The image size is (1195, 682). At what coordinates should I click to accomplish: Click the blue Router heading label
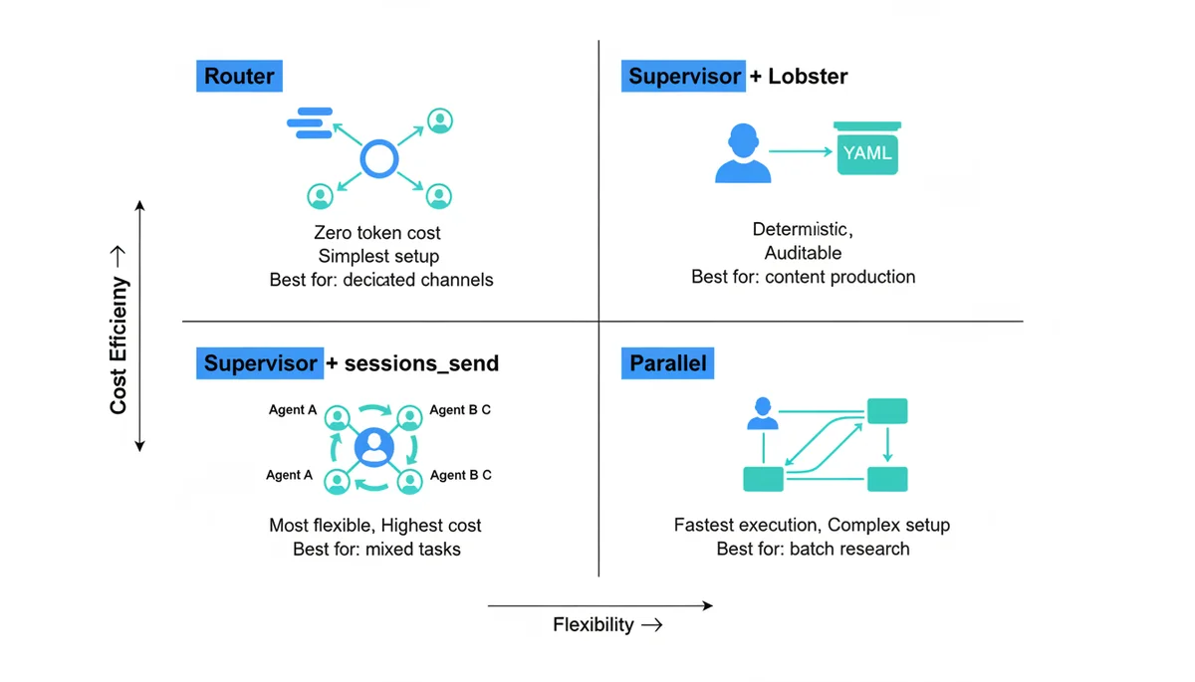[x=239, y=76]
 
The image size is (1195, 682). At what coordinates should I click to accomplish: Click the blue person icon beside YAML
[x=743, y=153]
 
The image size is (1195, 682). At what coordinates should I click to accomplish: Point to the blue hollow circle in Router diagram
[x=378, y=158]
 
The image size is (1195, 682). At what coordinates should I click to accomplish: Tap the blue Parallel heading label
[x=668, y=363]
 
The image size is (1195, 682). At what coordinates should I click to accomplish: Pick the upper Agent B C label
[x=459, y=409]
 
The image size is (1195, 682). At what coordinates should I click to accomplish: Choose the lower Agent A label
[x=289, y=475]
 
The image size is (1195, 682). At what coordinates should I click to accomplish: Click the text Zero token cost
[x=377, y=233]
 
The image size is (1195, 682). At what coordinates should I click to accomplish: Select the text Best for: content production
[x=803, y=277]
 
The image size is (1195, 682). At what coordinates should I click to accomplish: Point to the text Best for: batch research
[x=813, y=549]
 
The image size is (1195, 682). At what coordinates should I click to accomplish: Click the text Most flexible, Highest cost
[x=375, y=525]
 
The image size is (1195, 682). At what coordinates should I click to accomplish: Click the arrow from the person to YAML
[x=801, y=152]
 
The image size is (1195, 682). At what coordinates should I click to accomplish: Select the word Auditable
[x=803, y=253]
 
